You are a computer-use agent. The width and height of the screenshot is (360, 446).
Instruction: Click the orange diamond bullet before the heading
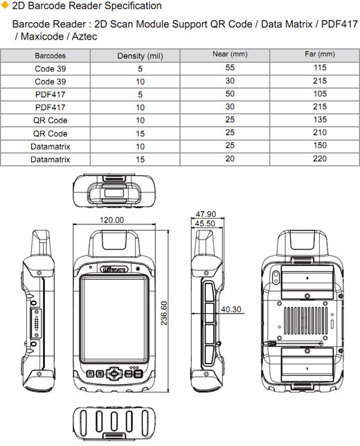[x=6, y=6]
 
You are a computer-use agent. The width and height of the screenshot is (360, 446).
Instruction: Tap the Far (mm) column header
[x=319, y=55]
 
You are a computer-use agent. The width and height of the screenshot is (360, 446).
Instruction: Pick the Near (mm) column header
[x=230, y=55]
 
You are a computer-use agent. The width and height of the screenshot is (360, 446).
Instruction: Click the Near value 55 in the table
[x=230, y=68]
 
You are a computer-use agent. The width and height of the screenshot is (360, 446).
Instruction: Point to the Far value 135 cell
[x=319, y=120]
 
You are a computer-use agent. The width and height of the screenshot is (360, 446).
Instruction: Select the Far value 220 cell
[x=319, y=159]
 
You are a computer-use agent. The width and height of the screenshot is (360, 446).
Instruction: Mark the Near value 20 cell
[x=230, y=159]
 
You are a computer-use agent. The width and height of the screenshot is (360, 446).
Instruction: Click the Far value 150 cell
[x=319, y=146]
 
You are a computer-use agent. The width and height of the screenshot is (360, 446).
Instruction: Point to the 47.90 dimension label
[x=206, y=214]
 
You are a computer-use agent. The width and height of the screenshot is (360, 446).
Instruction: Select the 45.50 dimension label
[x=206, y=224]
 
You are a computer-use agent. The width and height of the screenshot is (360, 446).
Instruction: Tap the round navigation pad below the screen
[x=111, y=374]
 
